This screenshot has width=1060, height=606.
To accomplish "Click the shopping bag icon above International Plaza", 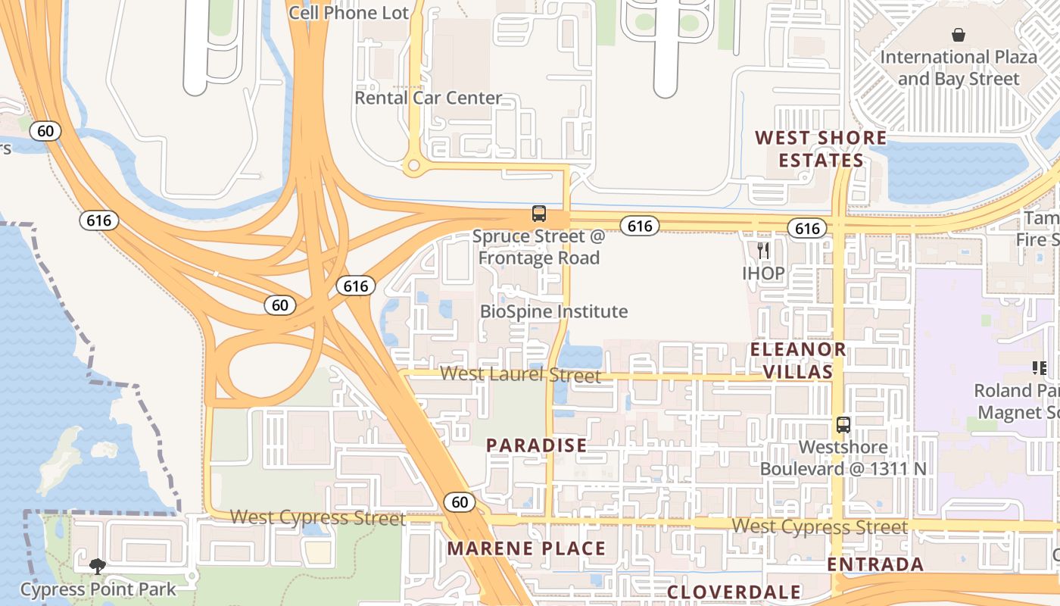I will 959,35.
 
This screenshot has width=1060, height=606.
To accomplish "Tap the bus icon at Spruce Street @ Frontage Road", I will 539,214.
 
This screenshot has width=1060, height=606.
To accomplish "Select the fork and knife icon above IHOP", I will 763,251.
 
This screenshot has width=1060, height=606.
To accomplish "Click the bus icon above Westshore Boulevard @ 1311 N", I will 843,425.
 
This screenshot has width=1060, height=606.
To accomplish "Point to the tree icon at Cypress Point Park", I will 97,566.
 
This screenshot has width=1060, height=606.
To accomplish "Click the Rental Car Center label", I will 429,98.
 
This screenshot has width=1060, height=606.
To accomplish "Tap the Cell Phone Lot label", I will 349,13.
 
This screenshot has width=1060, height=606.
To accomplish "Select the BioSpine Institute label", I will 554,311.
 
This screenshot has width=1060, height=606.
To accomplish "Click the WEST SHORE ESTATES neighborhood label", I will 821,149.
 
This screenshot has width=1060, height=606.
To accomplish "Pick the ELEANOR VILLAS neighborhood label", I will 798,361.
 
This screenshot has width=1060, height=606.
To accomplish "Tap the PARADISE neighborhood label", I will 537,445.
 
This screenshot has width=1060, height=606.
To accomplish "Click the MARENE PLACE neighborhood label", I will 527,548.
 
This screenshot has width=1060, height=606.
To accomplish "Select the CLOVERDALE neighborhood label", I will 734,592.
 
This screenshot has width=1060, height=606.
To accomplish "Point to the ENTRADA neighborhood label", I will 875,564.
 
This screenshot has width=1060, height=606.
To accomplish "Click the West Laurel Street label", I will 521,374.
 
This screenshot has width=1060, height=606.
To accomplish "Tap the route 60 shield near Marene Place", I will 460,501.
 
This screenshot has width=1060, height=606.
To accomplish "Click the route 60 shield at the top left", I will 45,131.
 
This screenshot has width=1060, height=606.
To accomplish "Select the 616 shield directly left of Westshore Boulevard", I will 807,229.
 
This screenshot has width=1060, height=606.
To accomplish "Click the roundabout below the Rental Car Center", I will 413,165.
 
